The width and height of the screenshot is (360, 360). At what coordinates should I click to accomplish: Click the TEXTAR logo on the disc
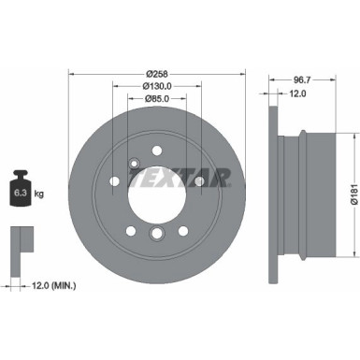tap(179, 178)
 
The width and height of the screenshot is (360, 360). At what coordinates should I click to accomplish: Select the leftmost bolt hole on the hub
tap(113, 181)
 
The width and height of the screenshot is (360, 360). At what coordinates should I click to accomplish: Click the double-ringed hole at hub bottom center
tap(157, 233)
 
